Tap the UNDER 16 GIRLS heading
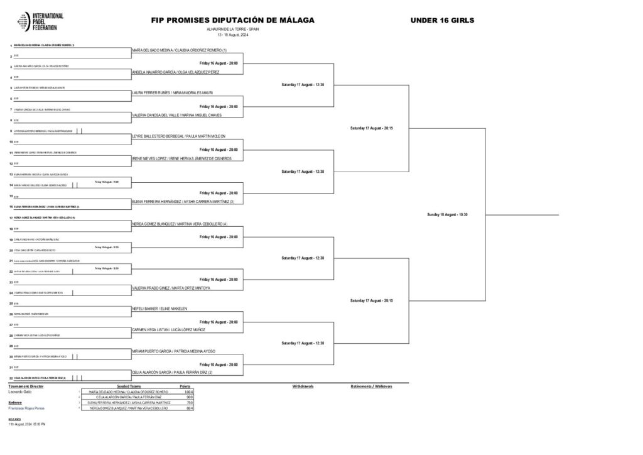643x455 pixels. [x=442, y=20]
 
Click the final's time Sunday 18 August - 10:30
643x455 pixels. [x=446, y=215]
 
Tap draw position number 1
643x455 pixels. [x=11, y=45]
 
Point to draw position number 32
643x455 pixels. [x=11, y=378]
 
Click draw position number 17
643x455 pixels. [x=11, y=217]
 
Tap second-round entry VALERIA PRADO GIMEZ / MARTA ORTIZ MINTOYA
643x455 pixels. [x=171, y=287]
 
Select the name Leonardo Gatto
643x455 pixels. [x=20, y=392]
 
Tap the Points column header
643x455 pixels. [x=185, y=386]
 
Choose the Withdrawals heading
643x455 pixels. [x=303, y=386]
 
